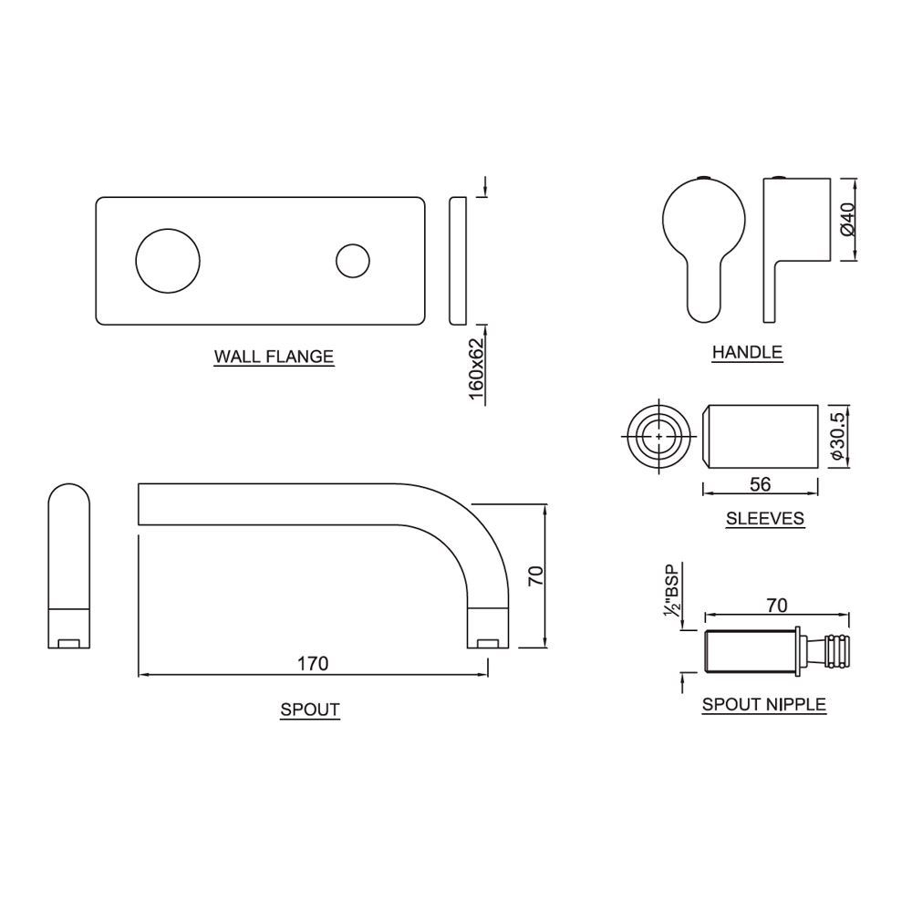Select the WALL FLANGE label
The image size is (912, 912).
[274, 357]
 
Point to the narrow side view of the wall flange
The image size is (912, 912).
[459, 260]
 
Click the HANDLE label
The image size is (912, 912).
[747, 351]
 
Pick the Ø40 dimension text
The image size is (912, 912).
[847, 220]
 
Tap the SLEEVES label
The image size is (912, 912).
[764, 519]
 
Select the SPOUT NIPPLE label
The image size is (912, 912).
[763, 704]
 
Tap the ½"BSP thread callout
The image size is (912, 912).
[673, 593]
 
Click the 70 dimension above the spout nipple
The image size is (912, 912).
[777, 605]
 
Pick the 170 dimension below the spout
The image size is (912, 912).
[312, 663]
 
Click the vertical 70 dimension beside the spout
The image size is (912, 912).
[536, 575]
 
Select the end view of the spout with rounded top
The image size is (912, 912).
[68, 565]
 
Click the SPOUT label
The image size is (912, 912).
[310, 710]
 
